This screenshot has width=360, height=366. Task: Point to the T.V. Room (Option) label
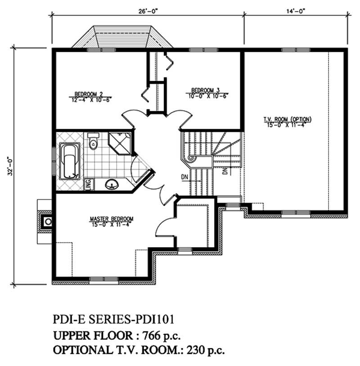(288, 119)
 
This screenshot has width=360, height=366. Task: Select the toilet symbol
(93, 141)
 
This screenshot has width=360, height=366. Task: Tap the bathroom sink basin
(111, 184)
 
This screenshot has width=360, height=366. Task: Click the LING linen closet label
(88, 184)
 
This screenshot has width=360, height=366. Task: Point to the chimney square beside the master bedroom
(47, 221)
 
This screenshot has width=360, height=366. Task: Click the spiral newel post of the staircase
(191, 158)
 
